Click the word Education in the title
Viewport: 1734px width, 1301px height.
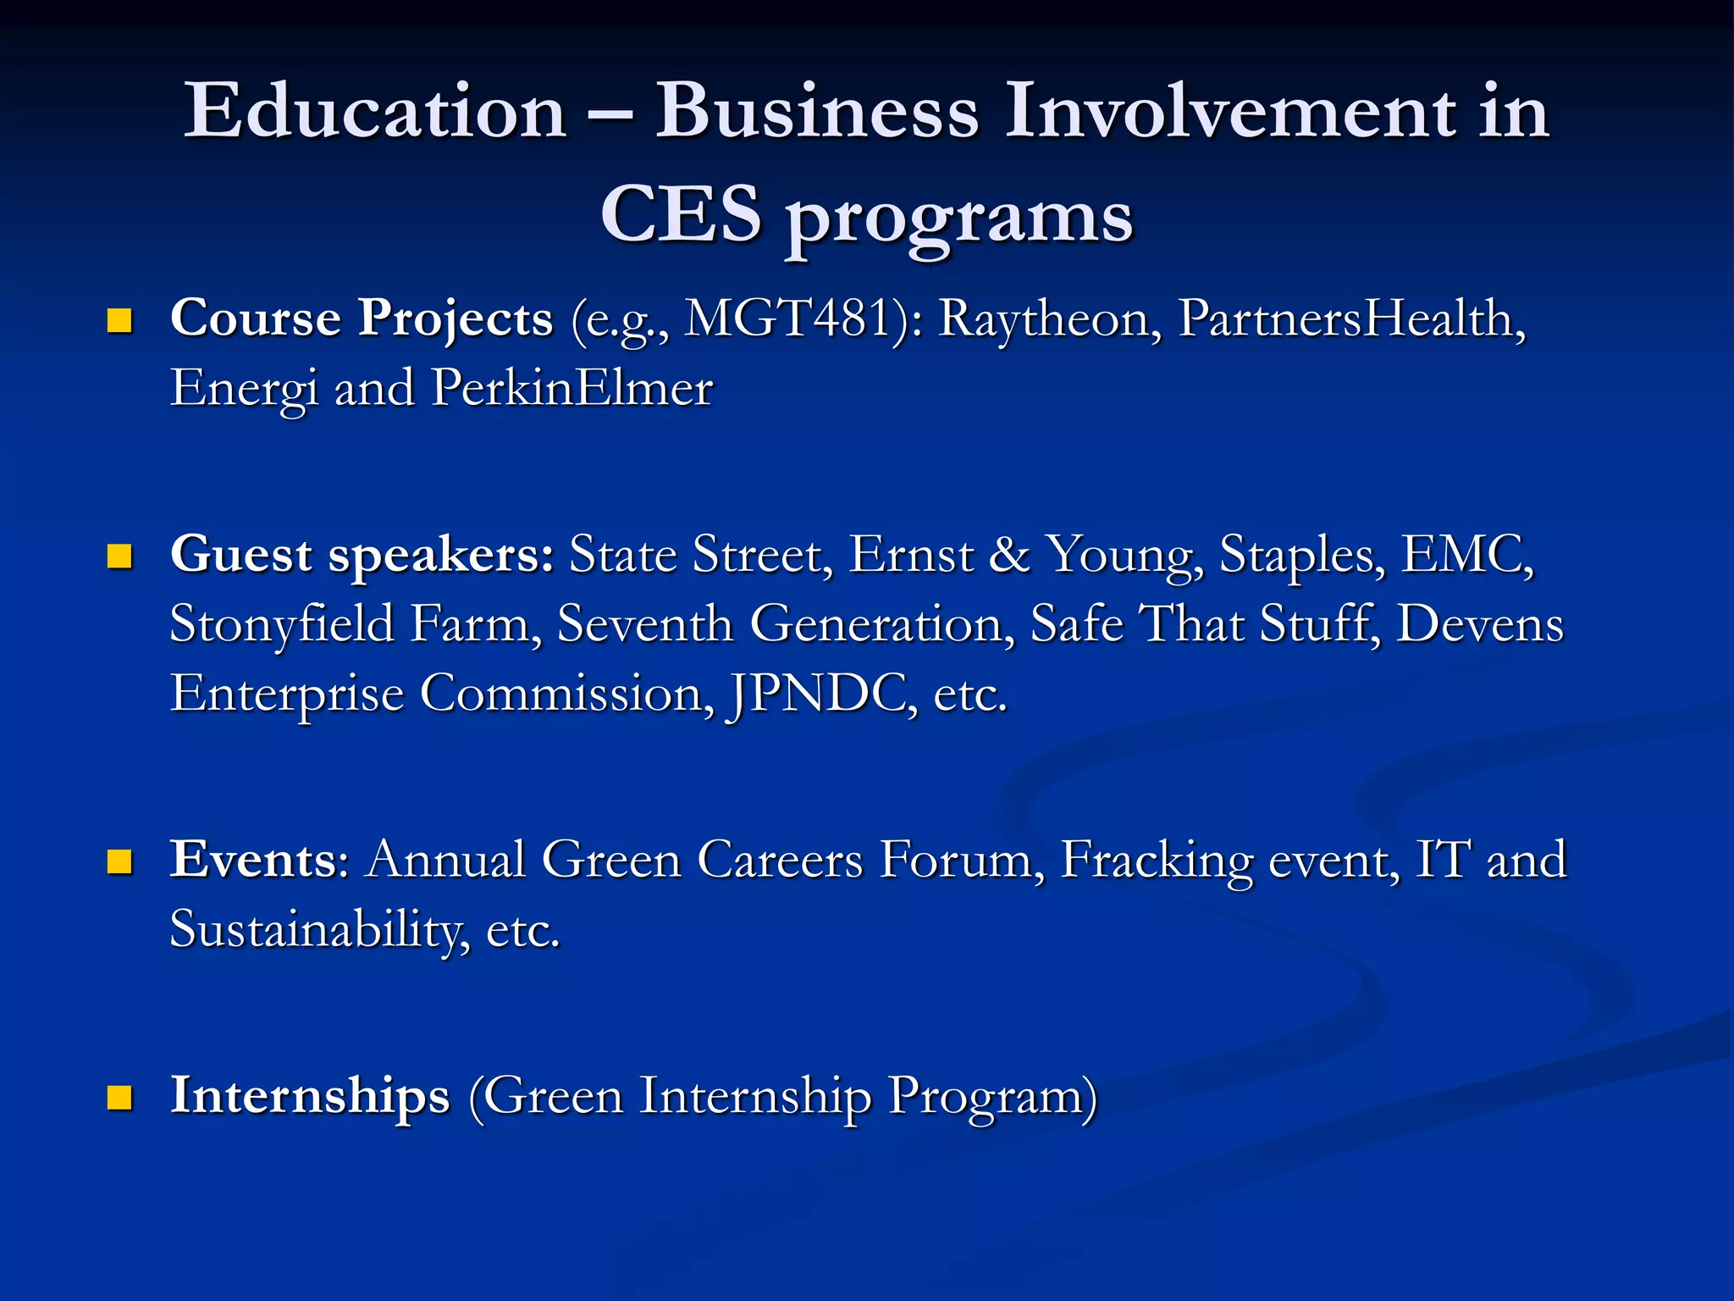point(375,112)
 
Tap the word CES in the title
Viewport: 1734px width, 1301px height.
point(681,215)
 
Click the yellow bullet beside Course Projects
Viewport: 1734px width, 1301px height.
point(120,321)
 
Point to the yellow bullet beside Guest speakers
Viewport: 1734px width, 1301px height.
point(120,556)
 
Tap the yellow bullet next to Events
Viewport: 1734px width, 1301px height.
point(120,861)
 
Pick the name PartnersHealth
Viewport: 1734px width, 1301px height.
point(1351,319)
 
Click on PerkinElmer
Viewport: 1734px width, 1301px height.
point(572,389)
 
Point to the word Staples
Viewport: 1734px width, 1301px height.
point(1302,556)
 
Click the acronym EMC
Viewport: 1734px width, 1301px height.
point(1466,556)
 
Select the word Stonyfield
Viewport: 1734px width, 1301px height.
point(283,625)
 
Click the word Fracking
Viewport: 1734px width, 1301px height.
point(1157,861)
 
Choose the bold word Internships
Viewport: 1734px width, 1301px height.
point(310,1096)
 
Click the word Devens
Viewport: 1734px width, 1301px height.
point(1479,625)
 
